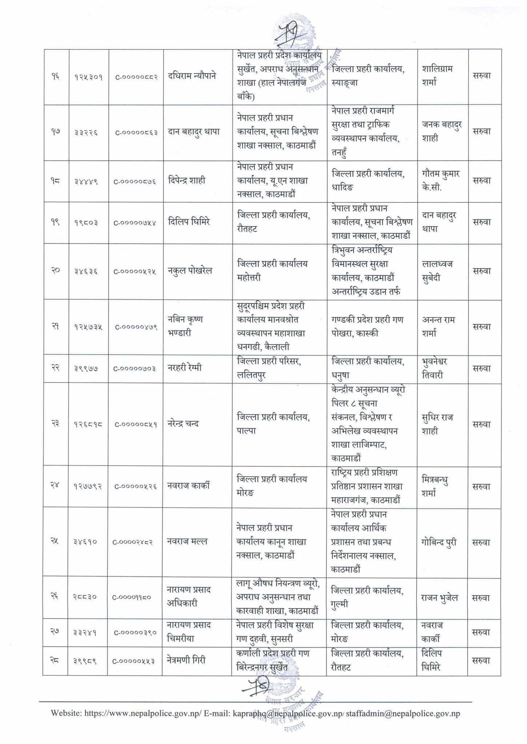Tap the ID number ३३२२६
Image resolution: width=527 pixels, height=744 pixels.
[x=86, y=132]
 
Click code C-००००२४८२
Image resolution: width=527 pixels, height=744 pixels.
[x=134, y=542]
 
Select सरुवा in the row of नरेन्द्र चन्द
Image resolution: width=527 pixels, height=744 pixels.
[x=482, y=424]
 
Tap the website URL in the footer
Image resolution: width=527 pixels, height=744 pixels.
[x=142, y=713]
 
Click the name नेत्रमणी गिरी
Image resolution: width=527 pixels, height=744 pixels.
[x=186, y=659]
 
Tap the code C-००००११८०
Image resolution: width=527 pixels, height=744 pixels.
[x=134, y=598]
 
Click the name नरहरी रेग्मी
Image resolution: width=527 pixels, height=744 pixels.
[x=185, y=368]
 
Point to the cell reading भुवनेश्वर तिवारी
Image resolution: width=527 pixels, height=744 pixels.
[x=435, y=368]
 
